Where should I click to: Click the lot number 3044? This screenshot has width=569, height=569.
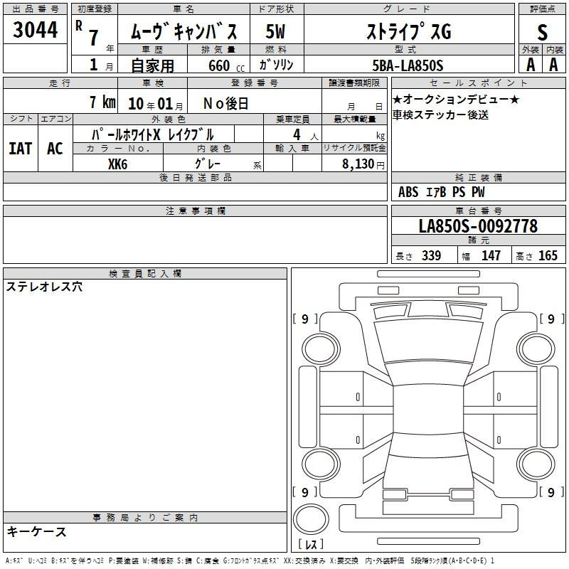click(x=35, y=30)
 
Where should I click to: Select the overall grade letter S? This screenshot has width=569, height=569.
click(x=542, y=32)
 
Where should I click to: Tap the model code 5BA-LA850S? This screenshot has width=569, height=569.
click(x=408, y=65)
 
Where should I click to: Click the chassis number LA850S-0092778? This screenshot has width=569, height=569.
click(x=478, y=226)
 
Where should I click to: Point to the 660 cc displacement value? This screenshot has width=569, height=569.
click(x=226, y=66)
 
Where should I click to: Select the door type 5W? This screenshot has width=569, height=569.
click(x=275, y=31)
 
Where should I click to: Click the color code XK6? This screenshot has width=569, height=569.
click(x=117, y=164)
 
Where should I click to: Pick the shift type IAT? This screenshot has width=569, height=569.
click(x=21, y=149)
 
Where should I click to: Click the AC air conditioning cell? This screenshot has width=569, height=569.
click(x=55, y=149)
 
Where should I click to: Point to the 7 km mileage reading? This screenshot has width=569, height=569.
click(x=102, y=102)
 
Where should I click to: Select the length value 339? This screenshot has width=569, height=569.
click(x=431, y=255)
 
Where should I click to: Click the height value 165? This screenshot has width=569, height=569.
click(x=548, y=255)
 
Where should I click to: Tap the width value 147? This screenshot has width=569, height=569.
click(x=491, y=255)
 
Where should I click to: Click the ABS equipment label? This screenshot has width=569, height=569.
click(x=408, y=192)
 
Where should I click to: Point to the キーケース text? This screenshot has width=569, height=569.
click(x=36, y=531)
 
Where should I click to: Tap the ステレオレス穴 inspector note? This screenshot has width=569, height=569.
click(x=44, y=287)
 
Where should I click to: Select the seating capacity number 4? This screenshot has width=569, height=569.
click(x=297, y=134)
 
